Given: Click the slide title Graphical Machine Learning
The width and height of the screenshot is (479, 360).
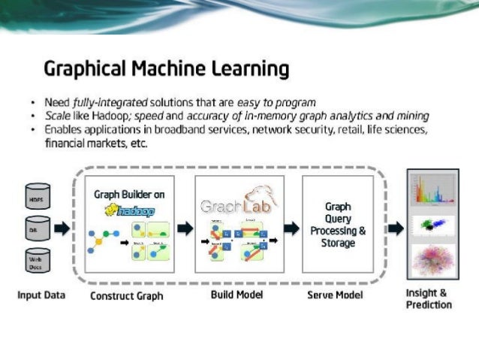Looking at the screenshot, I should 166,70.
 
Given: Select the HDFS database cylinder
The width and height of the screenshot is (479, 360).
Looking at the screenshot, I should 38,196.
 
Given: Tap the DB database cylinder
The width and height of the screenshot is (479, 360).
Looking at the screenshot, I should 38,228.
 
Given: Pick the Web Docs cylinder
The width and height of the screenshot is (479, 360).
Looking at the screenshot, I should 38,260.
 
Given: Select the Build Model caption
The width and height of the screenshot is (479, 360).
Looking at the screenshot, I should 236,295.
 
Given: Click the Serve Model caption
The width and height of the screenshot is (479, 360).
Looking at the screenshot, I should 335,295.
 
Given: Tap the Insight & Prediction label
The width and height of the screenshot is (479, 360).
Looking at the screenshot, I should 429,298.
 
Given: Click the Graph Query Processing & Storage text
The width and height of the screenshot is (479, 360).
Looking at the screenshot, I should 338,223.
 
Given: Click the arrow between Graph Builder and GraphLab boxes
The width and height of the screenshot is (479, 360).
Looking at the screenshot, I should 185,226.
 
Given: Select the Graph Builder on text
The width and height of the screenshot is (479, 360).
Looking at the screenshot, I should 128,195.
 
